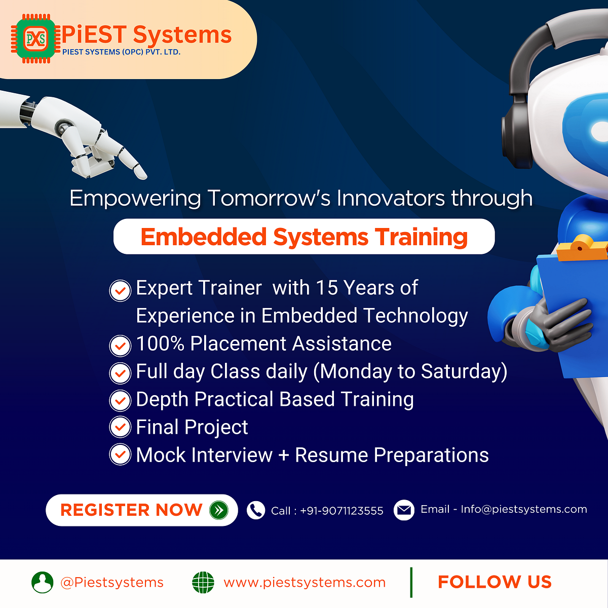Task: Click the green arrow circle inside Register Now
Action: point(218,510)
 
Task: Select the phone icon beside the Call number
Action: point(256,510)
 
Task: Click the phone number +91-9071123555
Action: point(341,511)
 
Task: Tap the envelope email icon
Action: point(404,510)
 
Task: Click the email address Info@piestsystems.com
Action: point(523,509)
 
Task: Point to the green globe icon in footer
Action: point(203,582)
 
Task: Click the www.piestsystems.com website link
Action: point(305,583)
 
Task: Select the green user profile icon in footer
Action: point(42,582)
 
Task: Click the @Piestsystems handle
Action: point(111,583)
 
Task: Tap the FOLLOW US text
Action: point(495,582)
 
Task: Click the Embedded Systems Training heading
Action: point(304,237)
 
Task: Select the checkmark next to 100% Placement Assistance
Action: point(120,346)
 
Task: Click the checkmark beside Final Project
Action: point(120,427)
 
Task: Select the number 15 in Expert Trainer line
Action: point(326,288)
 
